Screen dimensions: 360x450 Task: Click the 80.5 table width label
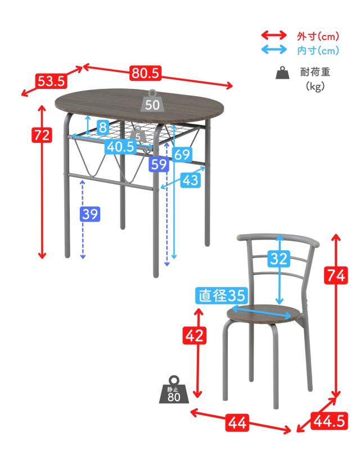[145, 73]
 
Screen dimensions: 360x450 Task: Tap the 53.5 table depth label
[51, 81]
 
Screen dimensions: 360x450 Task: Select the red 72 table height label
[42, 135]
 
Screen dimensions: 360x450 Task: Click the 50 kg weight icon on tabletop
[152, 101]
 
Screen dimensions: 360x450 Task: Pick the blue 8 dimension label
[102, 127]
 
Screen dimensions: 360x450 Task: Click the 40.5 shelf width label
[121, 147]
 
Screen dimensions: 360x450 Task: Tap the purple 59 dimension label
[159, 164]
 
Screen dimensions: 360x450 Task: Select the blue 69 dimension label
[182, 154]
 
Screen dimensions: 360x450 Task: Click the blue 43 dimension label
[191, 180]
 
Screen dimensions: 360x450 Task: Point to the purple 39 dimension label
[90, 214]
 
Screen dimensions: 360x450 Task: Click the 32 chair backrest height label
[279, 258]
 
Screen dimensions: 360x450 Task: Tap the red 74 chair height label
[336, 275]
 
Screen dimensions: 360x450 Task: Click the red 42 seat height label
[195, 335]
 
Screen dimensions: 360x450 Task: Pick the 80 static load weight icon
[174, 390]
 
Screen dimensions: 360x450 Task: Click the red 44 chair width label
[237, 422]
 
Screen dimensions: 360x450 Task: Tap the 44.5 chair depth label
[329, 421]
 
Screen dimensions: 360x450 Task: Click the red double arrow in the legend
[274, 35]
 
